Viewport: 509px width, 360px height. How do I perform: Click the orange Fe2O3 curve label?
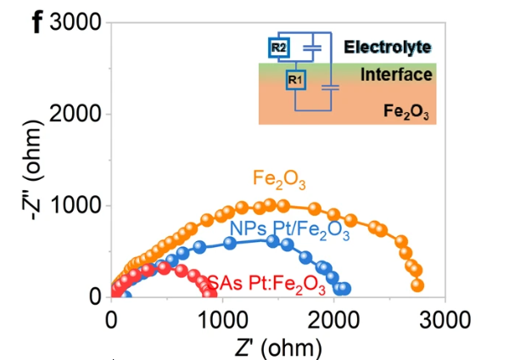tap(278, 179)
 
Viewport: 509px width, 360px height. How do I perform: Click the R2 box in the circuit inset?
tap(279, 48)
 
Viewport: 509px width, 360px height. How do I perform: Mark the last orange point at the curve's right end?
tap(417, 285)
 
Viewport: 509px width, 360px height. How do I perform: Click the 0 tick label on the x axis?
tap(112, 318)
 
